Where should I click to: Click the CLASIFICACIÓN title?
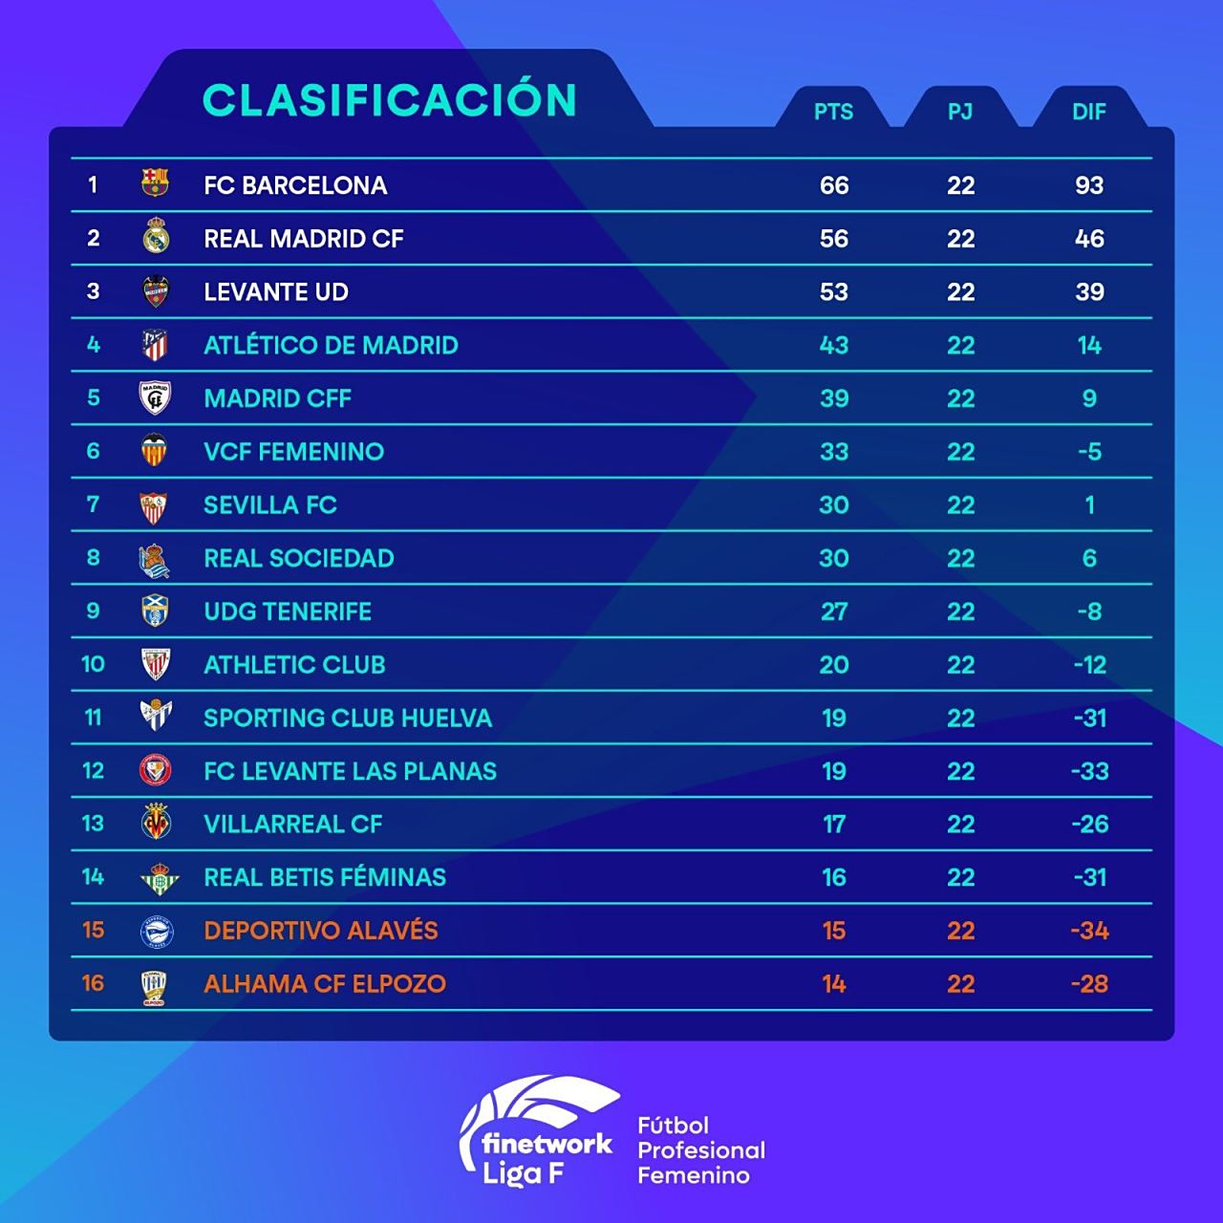click(x=389, y=100)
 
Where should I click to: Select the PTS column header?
click(x=833, y=112)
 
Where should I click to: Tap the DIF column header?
click(x=1088, y=112)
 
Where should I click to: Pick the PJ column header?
click(x=960, y=112)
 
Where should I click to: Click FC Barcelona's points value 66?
click(x=833, y=185)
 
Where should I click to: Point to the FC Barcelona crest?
click(x=155, y=183)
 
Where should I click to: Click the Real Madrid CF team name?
click(x=303, y=239)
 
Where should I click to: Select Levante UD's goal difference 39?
click(x=1088, y=292)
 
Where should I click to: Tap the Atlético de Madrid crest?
click(x=155, y=345)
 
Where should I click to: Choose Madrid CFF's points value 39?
click(x=833, y=398)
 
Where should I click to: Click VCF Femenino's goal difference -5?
click(x=1088, y=452)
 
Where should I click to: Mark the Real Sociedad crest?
click(x=155, y=559)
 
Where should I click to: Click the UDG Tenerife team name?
click(x=287, y=611)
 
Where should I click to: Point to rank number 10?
click(x=93, y=664)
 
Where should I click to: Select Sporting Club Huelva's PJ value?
click(x=960, y=719)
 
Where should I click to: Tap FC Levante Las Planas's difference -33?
click(x=1088, y=771)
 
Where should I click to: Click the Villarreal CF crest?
click(x=155, y=824)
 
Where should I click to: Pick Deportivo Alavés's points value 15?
click(x=833, y=931)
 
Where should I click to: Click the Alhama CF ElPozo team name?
click(x=324, y=984)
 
